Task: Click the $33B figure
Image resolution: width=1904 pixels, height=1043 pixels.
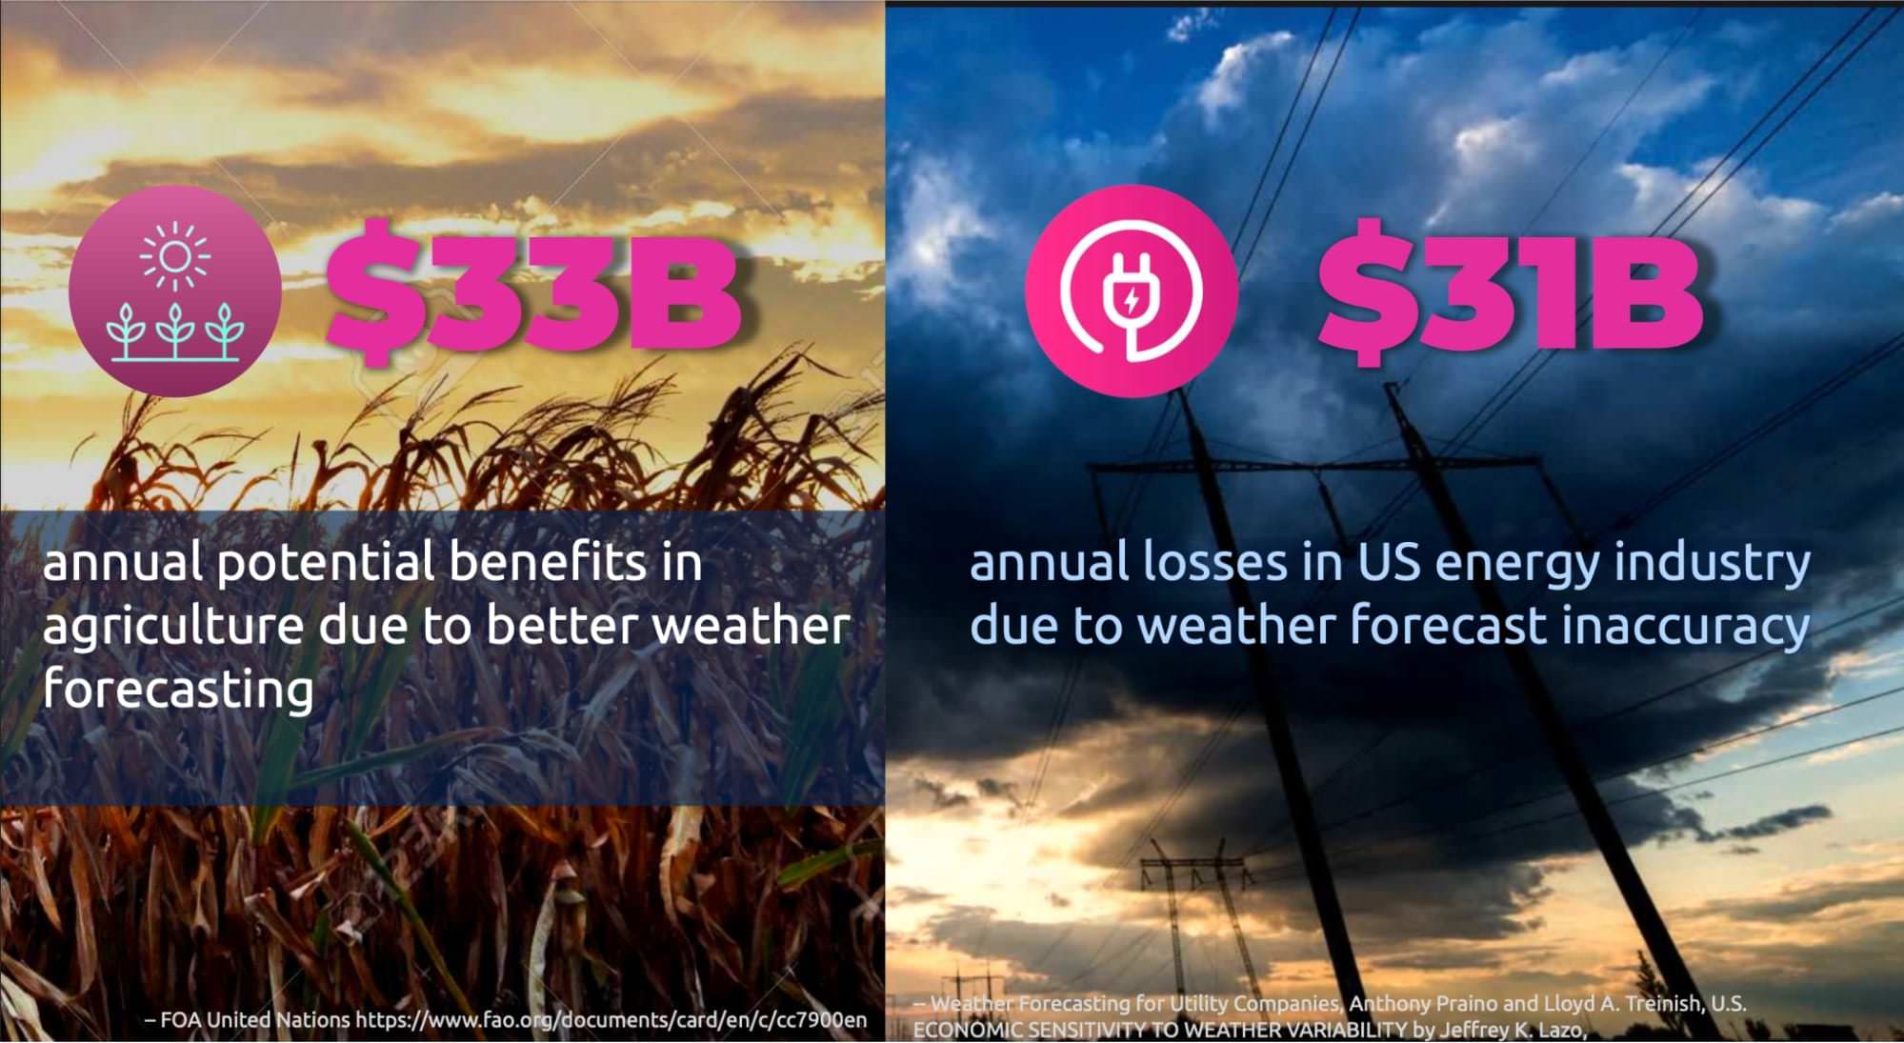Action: coord(533,291)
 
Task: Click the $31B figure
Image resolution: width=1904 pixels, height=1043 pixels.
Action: coord(1511,291)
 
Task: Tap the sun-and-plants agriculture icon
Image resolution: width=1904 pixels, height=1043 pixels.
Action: coord(175,291)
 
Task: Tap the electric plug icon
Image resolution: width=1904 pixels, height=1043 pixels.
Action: coord(1132,291)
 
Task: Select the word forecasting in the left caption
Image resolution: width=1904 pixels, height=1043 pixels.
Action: coord(178,690)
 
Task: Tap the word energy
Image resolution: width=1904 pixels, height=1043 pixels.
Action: coord(1517,565)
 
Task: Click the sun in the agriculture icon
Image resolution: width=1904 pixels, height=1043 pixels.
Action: coord(175,256)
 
